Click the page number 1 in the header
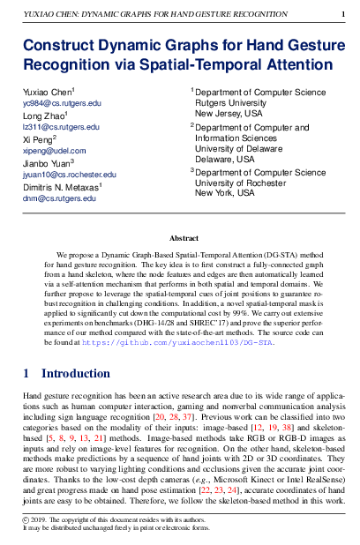(x=341, y=15)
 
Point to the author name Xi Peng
(x=39, y=139)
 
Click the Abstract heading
(x=184, y=238)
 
